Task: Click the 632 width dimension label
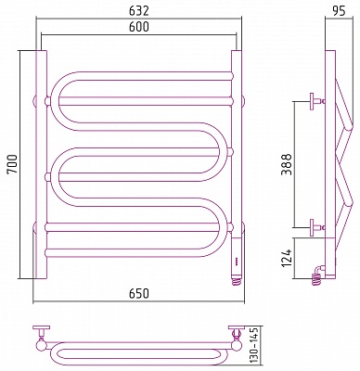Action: pyautogui.click(x=139, y=11)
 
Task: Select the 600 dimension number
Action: pyautogui.click(x=139, y=27)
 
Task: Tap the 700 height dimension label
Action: pyautogui.click(x=13, y=164)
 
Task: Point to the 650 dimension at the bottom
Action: pyautogui.click(x=139, y=293)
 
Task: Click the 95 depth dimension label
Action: pyautogui.click(x=339, y=11)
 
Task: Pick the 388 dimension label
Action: pyautogui.click(x=287, y=164)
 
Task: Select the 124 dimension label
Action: pyautogui.click(x=287, y=258)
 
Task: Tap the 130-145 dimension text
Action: pyautogui.click(x=254, y=346)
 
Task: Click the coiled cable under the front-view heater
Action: pyautogui.click(x=238, y=281)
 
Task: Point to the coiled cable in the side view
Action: pyautogui.click(x=316, y=277)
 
